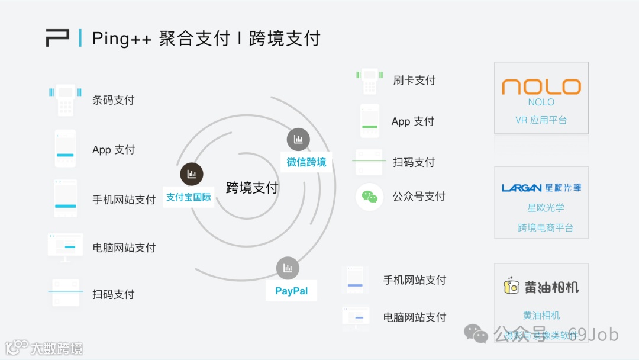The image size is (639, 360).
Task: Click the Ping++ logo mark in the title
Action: pos(57,38)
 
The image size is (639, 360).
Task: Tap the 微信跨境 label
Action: pos(306,162)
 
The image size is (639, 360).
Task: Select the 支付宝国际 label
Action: pos(188,197)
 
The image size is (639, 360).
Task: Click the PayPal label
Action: pos(291,291)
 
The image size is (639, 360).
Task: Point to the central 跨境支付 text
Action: pos(252,188)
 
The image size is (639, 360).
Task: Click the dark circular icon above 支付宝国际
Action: pos(191,174)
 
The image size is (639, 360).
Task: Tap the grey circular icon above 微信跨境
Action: pos(298,139)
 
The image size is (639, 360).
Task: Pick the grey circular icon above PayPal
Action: pos(288,268)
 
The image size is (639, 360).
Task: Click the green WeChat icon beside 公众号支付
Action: pos(370,197)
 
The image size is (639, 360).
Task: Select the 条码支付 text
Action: pos(113,100)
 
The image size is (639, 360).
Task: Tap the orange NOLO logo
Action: pos(541,87)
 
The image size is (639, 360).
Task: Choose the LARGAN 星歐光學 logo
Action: pos(541,188)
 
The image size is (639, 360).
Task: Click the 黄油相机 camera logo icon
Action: pos(510,287)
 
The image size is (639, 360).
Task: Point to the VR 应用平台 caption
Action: pos(541,120)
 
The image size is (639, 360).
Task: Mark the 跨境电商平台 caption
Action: pos(546,227)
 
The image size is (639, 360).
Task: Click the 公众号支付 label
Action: pos(419,197)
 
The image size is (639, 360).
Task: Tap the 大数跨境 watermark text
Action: pos(57,348)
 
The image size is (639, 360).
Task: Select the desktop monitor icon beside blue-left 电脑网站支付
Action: pos(65,247)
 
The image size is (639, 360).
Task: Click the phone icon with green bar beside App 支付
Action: pos(370,121)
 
